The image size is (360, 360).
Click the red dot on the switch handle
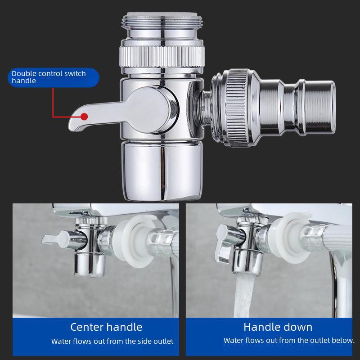coord(84,116)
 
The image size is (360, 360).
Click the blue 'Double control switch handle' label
coord(53,77)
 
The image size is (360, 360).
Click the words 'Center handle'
coord(106,327)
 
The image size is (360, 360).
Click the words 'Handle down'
coord(278,327)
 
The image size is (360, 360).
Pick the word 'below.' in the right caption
coord(344,341)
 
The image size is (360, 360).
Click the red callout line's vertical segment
coord(54,101)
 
